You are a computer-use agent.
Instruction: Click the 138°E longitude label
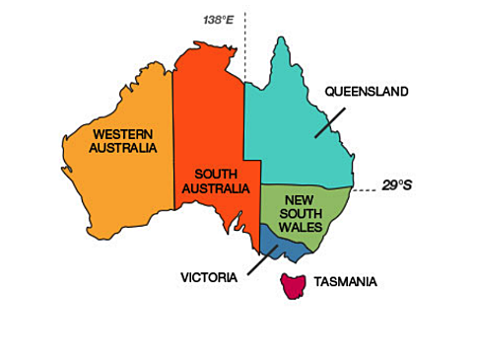point(221,19)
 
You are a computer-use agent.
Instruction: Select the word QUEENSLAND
point(366,92)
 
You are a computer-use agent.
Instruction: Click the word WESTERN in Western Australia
point(124,133)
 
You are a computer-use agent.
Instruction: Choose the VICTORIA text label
point(209,277)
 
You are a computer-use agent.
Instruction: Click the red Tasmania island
point(292,286)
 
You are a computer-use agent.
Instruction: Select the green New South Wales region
point(325,212)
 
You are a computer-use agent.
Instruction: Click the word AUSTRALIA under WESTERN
point(124,148)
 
